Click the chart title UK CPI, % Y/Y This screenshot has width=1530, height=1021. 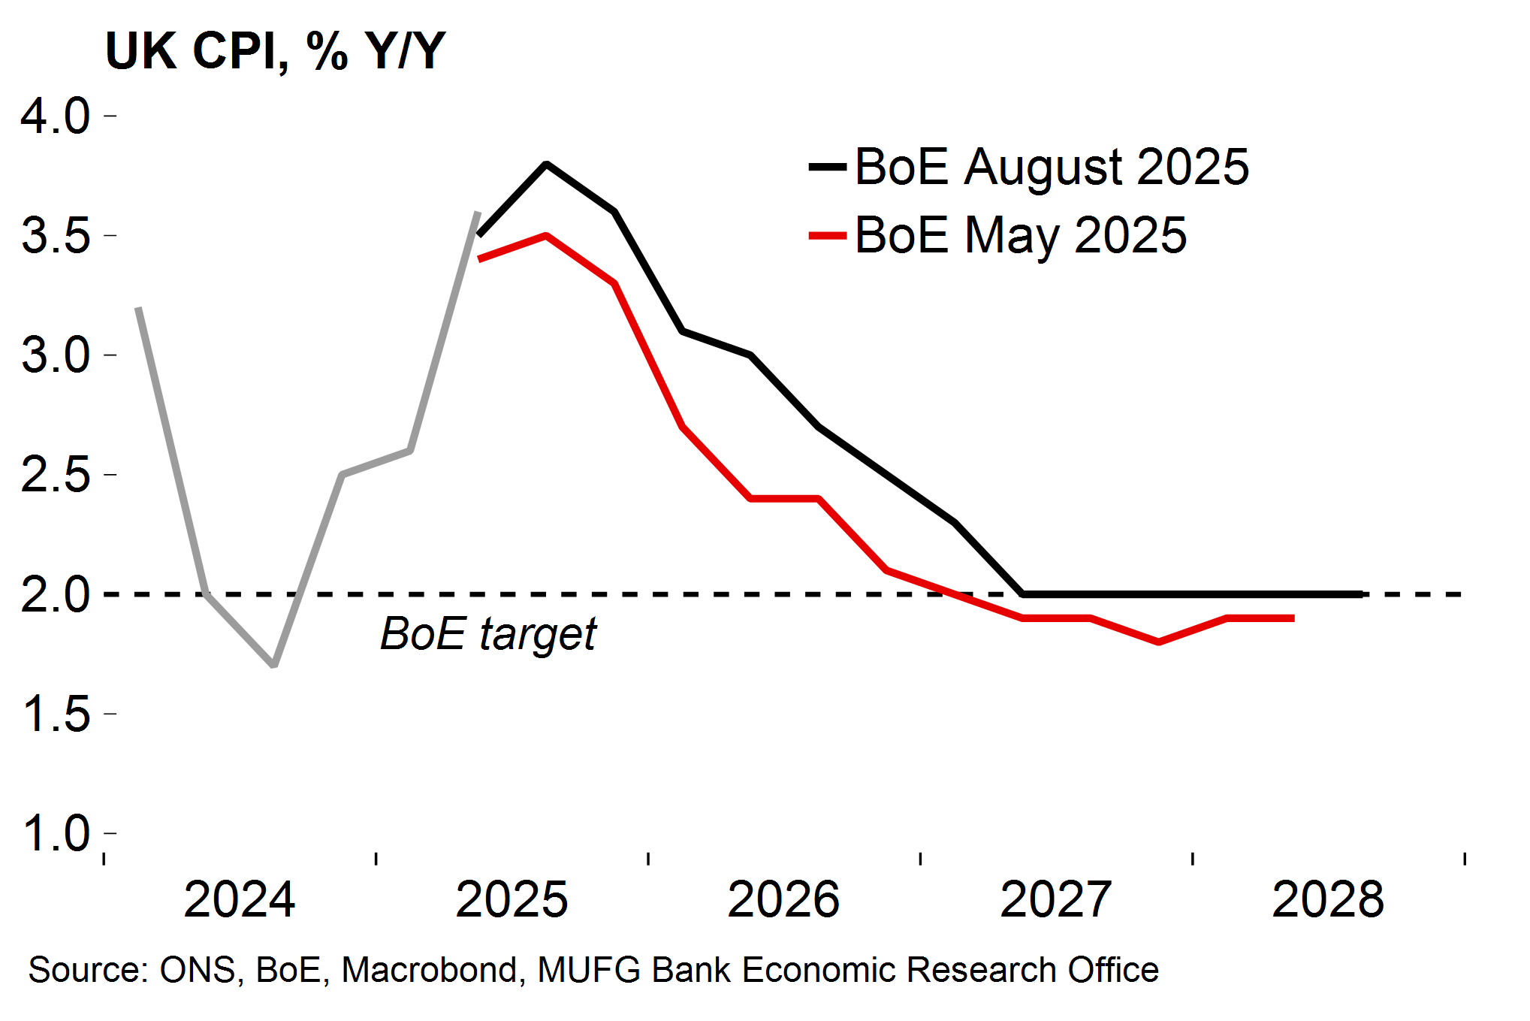275,51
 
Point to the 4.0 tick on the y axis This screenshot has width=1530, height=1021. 56,116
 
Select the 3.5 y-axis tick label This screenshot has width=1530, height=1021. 56,235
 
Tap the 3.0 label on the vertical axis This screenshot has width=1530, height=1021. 56,355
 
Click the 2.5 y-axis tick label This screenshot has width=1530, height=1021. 56,474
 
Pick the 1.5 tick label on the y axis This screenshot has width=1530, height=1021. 56,713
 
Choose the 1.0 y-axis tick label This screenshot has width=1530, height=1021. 56,832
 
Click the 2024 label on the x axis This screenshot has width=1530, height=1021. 239,899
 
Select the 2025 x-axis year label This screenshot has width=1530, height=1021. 512,899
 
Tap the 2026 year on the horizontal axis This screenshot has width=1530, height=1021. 783,899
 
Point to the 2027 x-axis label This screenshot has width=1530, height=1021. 1055,899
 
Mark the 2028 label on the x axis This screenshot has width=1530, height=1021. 1327,899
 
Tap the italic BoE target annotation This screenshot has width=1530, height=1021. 488,633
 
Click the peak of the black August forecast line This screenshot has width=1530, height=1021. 546,164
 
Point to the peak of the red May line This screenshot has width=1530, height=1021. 546,236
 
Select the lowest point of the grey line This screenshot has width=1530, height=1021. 274,665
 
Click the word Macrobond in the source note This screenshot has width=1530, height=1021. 429,970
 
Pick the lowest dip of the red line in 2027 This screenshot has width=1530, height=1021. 1158,642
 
